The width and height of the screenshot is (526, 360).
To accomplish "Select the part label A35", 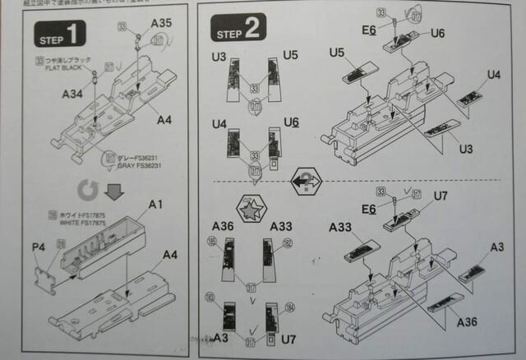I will click(161, 24).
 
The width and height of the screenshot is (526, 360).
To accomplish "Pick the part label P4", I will click(38, 246).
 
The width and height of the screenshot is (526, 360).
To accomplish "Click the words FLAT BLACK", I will click(65, 68).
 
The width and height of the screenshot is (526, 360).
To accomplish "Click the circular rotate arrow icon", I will click(86, 192).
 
